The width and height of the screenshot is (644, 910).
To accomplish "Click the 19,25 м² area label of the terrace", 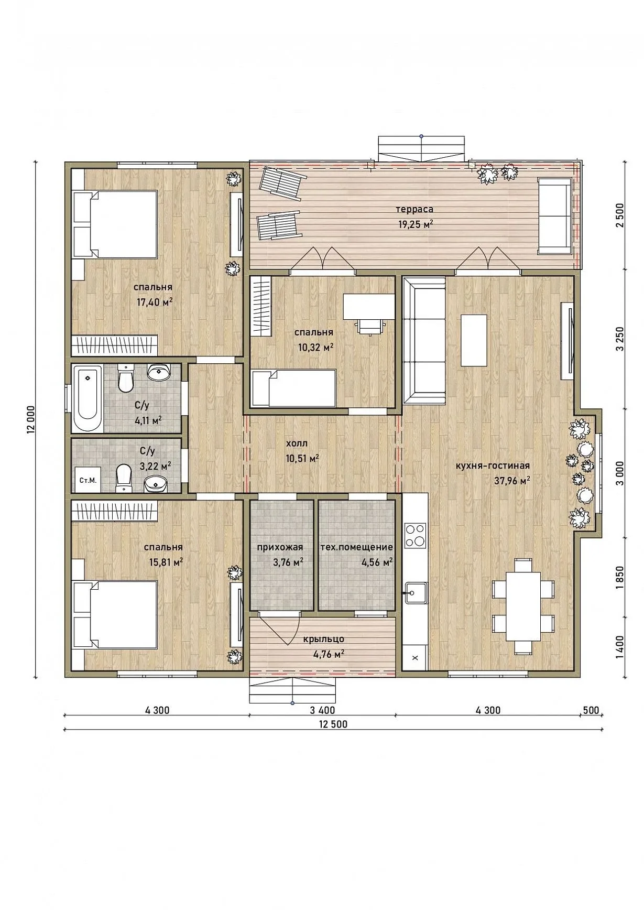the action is point(414,224).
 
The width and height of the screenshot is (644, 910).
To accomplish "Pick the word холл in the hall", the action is point(297,443).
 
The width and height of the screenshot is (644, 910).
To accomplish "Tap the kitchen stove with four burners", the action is point(415,535).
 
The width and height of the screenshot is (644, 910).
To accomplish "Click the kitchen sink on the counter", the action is point(415,593).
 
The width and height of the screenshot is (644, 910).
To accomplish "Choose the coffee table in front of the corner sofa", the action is point(474,340).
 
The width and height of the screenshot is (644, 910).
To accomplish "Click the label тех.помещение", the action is point(357,547).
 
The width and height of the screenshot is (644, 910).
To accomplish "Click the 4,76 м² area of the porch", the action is point(328,654).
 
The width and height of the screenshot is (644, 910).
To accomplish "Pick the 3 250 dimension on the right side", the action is point(620,341).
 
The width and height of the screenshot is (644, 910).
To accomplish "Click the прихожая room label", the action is point(280,547).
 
